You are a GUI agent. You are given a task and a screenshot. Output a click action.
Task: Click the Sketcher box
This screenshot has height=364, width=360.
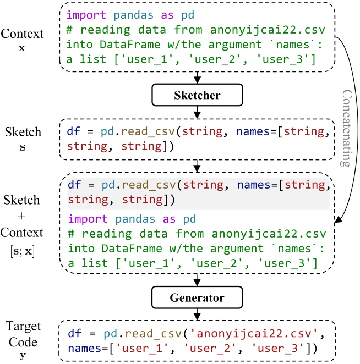(x=198, y=95)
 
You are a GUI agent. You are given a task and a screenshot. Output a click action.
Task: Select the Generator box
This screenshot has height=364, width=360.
(x=198, y=297)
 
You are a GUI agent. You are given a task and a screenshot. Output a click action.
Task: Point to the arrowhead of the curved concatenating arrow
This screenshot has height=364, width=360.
(x=337, y=221)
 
